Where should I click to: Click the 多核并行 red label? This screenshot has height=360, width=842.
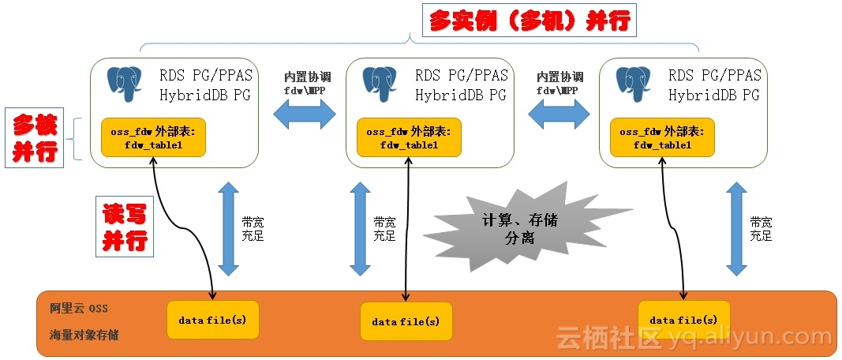click(x=36, y=138)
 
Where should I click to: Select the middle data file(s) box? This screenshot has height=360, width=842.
click(x=406, y=321)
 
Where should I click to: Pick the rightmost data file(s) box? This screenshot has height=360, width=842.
click(x=683, y=319)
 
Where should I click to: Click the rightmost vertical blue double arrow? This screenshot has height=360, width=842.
click(x=735, y=228)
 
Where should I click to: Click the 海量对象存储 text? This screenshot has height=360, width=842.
click(x=79, y=335)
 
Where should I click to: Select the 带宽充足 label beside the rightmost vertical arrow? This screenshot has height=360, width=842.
click(x=761, y=228)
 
